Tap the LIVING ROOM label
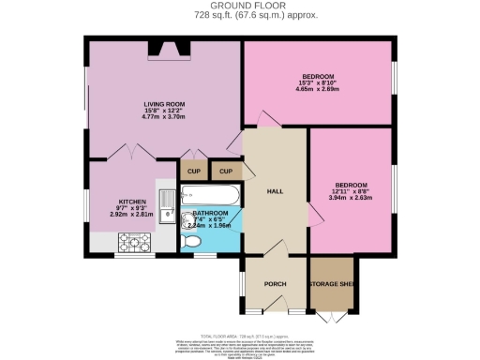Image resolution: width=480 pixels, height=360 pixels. [163, 104]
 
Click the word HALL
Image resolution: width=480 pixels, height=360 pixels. [275, 191]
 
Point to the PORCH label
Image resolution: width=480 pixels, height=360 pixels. [275, 283]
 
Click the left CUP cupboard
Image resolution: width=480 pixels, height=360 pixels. [193, 172]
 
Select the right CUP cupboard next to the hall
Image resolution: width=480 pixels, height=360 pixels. [225, 172]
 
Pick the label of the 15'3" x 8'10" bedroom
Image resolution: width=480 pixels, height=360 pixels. [318, 76]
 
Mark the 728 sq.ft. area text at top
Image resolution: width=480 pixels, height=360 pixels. [239, 16]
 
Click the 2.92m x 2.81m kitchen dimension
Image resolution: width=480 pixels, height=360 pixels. [131, 215]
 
